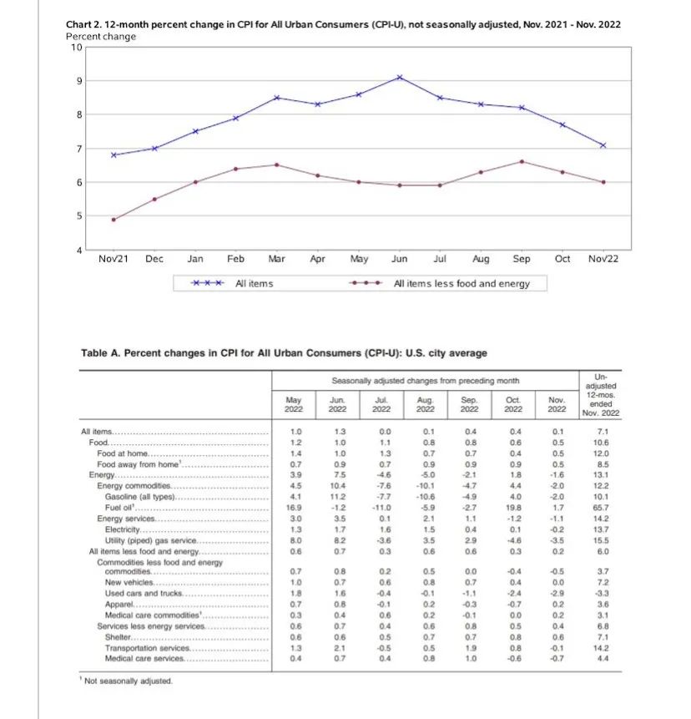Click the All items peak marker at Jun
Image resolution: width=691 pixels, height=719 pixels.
400,77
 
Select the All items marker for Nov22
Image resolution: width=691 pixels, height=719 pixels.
603,145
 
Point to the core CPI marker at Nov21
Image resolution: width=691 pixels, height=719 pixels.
113,220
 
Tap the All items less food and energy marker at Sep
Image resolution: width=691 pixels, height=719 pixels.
522,161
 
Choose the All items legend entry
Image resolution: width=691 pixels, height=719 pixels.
254,284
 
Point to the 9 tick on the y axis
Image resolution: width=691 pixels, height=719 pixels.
77,81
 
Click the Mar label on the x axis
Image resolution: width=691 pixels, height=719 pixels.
277,259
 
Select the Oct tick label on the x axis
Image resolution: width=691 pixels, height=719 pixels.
562,259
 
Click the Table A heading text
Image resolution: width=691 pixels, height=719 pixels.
284,353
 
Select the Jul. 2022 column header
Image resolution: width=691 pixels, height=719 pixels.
381,404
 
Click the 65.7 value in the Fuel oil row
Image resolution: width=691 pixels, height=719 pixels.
603,507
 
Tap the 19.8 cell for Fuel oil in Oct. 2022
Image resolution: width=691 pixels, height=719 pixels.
513,507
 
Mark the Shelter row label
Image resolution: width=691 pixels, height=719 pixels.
118,637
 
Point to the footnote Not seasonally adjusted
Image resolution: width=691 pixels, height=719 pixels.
128,681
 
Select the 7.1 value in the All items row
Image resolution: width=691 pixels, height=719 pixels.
603,431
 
